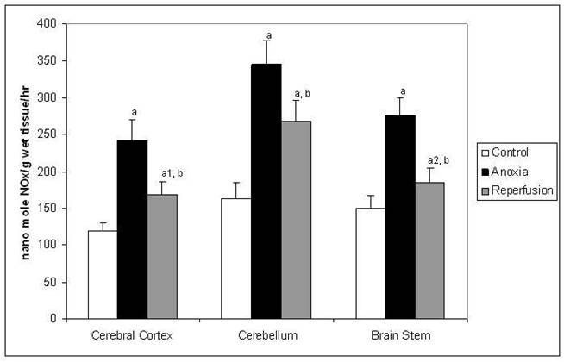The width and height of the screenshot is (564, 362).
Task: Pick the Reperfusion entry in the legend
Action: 516,188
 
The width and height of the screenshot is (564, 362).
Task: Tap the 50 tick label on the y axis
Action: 60,282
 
